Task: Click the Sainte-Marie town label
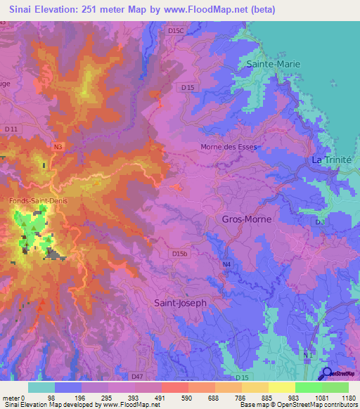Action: pos(273,64)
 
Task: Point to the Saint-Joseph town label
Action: pos(180,303)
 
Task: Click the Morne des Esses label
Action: pos(229,148)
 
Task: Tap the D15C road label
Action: pos(176,31)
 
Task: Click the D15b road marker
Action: pos(180,253)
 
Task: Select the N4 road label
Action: pos(226,264)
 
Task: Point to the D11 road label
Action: pos(11,129)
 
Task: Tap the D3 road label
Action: pos(320,222)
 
